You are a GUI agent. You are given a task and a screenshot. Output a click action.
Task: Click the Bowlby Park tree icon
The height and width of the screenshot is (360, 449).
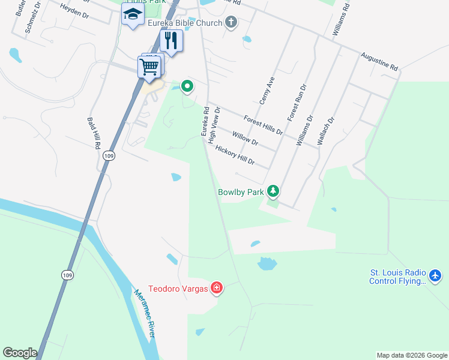pyautogui.click(x=274, y=191)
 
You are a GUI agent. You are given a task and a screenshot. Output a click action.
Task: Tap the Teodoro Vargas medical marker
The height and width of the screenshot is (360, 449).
pyautogui.click(x=217, y=289)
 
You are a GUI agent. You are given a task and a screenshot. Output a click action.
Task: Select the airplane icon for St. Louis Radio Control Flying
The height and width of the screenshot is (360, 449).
pyautogui.click(x=436, y=277)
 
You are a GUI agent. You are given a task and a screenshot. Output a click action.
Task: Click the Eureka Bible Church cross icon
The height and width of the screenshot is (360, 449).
pyautogui.click(x=231, y=23)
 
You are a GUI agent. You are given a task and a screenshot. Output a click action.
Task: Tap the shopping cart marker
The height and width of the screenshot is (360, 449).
pyautogui.click(x=149, y=66)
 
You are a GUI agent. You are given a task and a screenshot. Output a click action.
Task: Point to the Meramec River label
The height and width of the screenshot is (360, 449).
pyautogui.click(x=144, y=313)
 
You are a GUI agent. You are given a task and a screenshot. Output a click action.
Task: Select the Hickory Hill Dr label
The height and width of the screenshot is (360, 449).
pyautogui.click(x=235, y=155)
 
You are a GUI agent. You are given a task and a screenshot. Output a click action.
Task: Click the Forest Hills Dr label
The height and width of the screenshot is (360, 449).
pyautogui.click(x=262, y=125)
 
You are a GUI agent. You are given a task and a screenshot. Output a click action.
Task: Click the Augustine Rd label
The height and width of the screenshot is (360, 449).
pyautogui.click(x=379, y=62)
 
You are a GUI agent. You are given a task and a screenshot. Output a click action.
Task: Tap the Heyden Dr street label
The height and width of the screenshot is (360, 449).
pyautogui.click(x=74, y=11)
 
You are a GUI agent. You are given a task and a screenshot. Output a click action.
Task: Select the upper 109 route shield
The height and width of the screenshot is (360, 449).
pyautogui.click(x=109, y=156)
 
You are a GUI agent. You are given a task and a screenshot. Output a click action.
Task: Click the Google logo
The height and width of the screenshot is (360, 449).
pyautogui.click(x=20, y=353)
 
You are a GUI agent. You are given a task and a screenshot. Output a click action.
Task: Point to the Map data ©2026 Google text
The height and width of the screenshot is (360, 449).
pyautogui.click(x=411, y=355)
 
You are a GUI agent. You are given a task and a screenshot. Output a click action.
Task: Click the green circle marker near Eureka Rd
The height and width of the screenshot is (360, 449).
pyautogui.click(x=187, y=87)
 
